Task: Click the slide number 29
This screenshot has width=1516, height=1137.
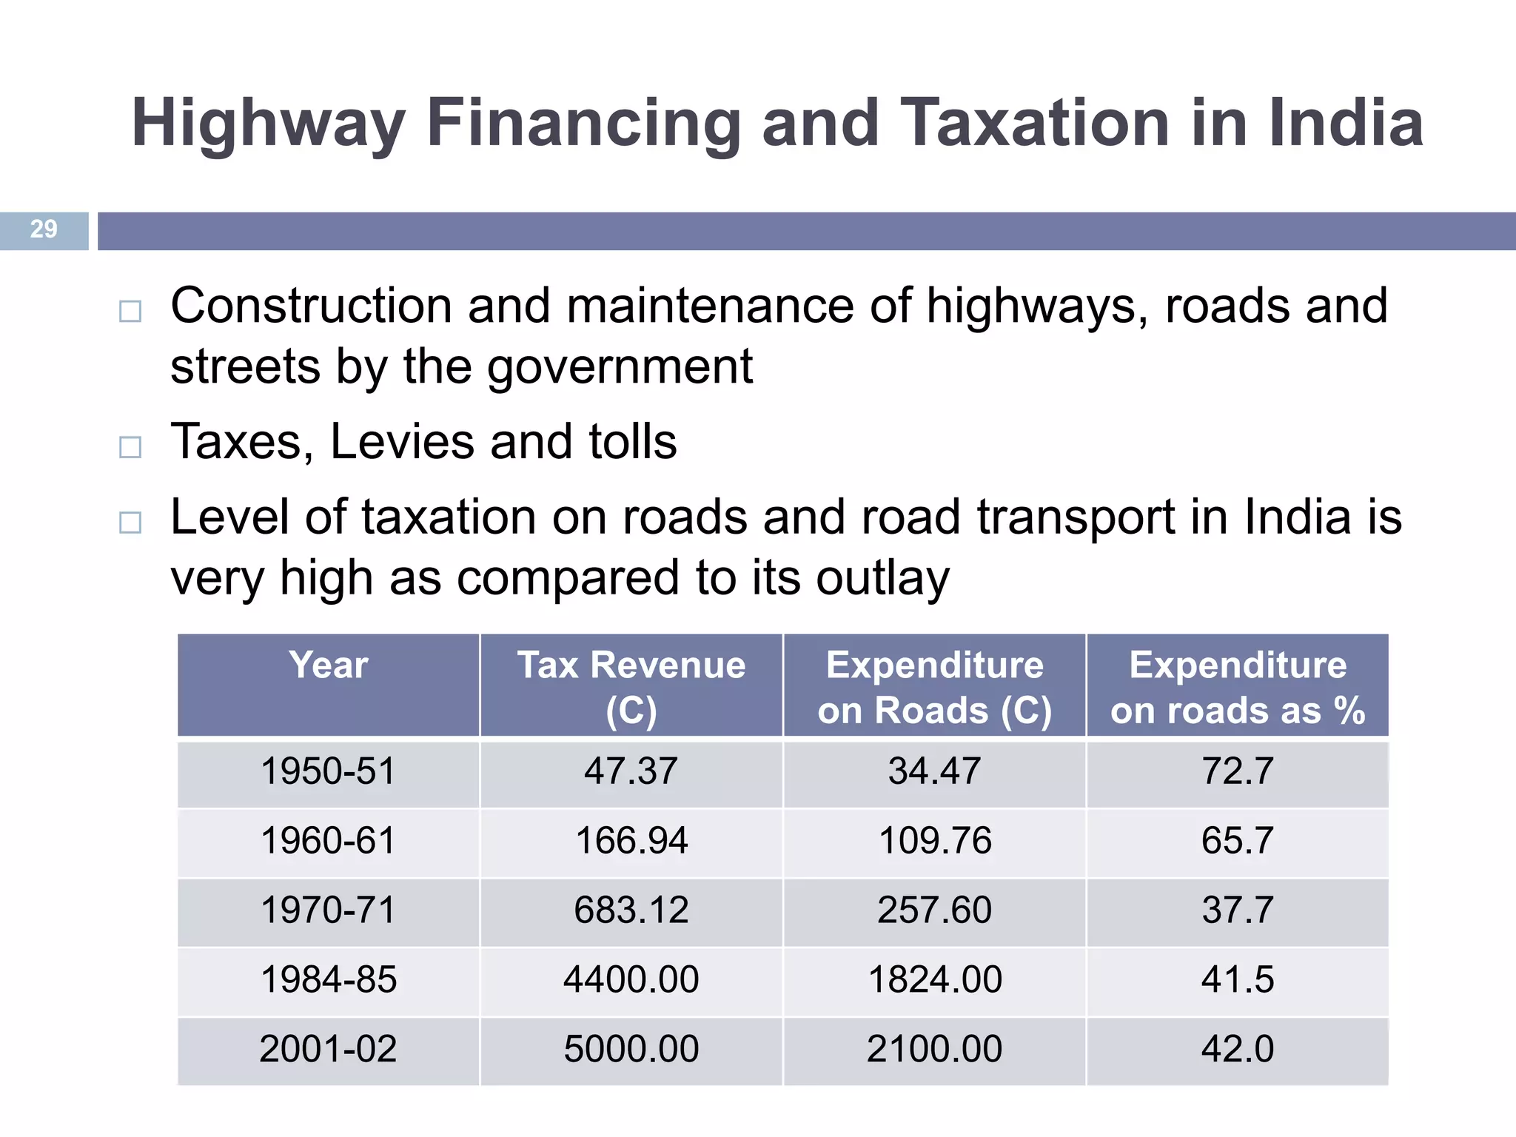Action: coord(44,229)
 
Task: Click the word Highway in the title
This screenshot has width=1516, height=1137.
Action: coord(268,124)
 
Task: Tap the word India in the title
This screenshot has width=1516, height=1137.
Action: coord(1346,123)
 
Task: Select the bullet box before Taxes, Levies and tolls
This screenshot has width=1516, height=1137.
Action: coord(130,446)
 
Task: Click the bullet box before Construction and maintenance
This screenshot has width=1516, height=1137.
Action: coord(130,311)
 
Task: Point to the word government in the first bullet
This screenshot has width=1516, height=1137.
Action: coord(620,367)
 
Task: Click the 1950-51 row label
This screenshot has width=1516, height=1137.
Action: coord(329,771)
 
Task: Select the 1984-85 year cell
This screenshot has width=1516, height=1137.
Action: coord(329,979)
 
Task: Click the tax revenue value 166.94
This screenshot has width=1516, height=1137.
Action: coord(631,841)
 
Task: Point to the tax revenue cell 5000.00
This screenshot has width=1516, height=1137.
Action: coord(631,1049)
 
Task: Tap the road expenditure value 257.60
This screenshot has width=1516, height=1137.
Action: coord(934,910)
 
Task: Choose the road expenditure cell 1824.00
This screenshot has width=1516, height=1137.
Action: coord(934,979)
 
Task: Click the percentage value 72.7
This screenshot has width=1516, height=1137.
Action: coord(1238,771)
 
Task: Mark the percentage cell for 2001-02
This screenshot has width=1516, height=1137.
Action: coord(1238,1049)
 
